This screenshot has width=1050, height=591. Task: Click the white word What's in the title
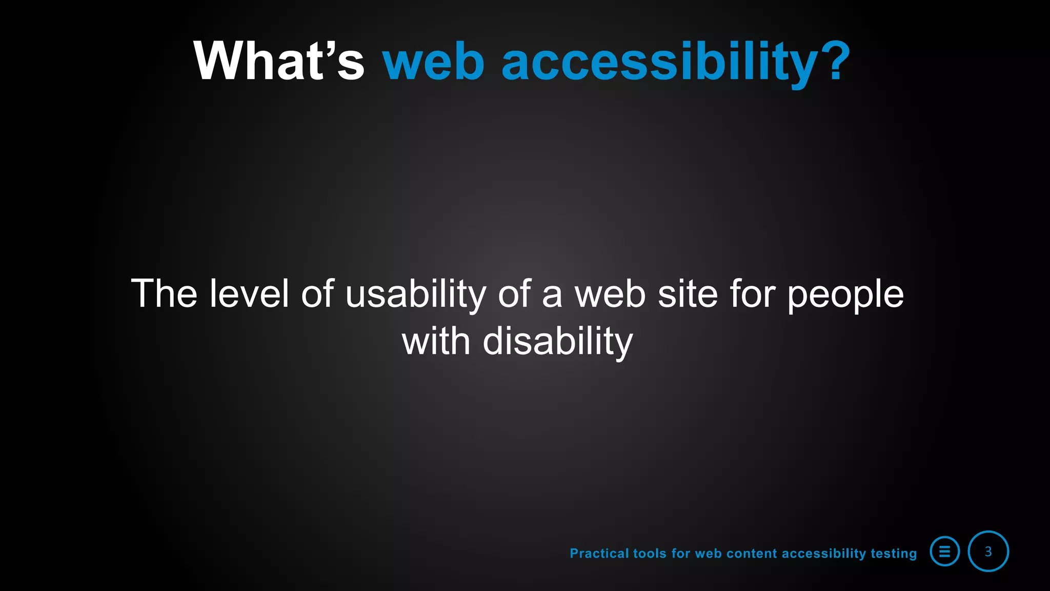click(278, 61)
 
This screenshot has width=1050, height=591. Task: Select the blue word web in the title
click(433, 62)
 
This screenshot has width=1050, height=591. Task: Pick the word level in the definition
click(249, 293)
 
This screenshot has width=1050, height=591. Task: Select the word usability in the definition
click(416, 294)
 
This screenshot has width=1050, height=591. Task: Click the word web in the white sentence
click(610, 294)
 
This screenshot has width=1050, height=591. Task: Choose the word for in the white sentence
click(752, 293)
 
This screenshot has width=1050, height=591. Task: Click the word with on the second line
click(436, 341)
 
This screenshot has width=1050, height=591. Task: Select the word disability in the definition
click(558, 342)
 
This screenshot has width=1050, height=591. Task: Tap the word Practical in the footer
click(599, 553)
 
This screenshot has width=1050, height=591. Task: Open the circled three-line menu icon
click(944, 551)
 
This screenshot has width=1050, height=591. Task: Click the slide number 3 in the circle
click(988, 551)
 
